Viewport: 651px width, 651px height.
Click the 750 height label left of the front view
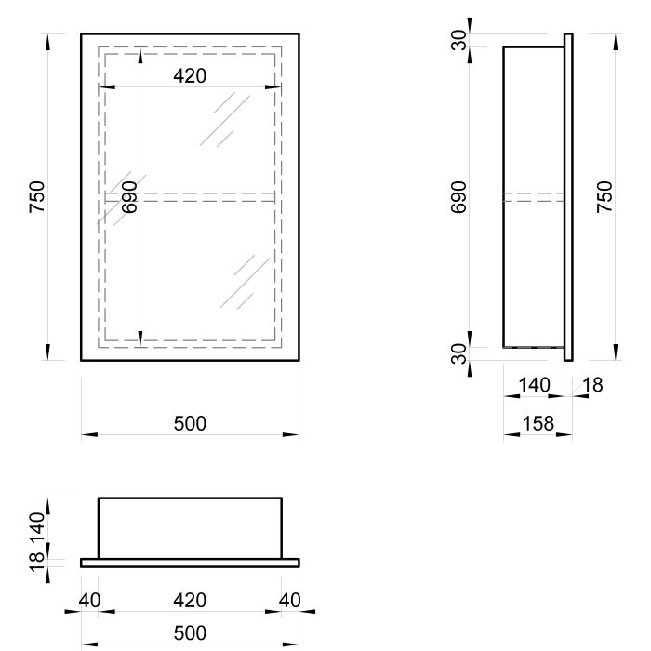37,197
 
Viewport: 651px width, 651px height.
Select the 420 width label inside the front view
190,76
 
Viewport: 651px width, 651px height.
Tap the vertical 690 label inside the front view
129,197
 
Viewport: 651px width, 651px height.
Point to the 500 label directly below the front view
190,423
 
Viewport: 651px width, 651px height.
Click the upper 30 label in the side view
458,40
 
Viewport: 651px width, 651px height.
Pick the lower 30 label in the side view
458,353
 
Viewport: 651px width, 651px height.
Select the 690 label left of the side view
458,197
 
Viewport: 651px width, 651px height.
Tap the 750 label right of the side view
604,197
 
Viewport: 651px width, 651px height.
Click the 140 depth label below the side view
535,385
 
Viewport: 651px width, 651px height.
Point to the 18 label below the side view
593,385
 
